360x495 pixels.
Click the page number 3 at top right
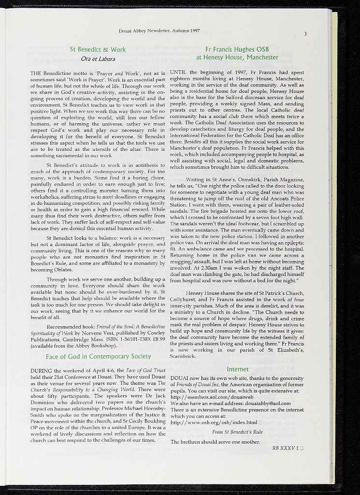[305, 34]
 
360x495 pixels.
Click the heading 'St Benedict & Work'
[98, 49]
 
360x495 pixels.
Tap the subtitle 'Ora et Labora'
[98, 59]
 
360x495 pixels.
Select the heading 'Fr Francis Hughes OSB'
[237, 49]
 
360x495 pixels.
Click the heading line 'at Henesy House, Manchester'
[237, 58]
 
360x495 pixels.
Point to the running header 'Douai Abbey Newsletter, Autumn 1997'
[159, 31]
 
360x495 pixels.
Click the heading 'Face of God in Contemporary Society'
[98, 357]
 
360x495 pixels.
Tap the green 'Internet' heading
[237, 369]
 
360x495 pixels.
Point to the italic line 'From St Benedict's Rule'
[237, 432]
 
